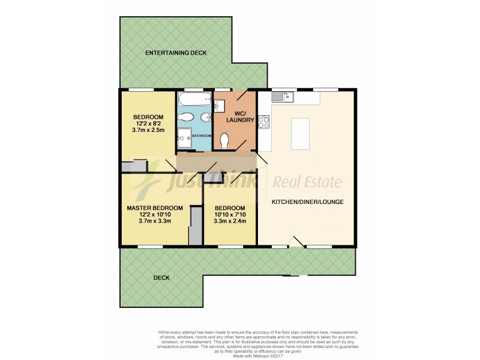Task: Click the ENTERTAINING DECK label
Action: click(x=176, y=53)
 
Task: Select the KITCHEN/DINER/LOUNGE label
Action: click(x=307, y=202)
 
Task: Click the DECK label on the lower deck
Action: click(x=161, y=278)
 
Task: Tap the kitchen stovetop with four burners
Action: click(x=264, y=120)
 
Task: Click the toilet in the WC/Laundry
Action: click(x=226, y=140)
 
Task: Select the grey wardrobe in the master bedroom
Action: click(x=195, y=226)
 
